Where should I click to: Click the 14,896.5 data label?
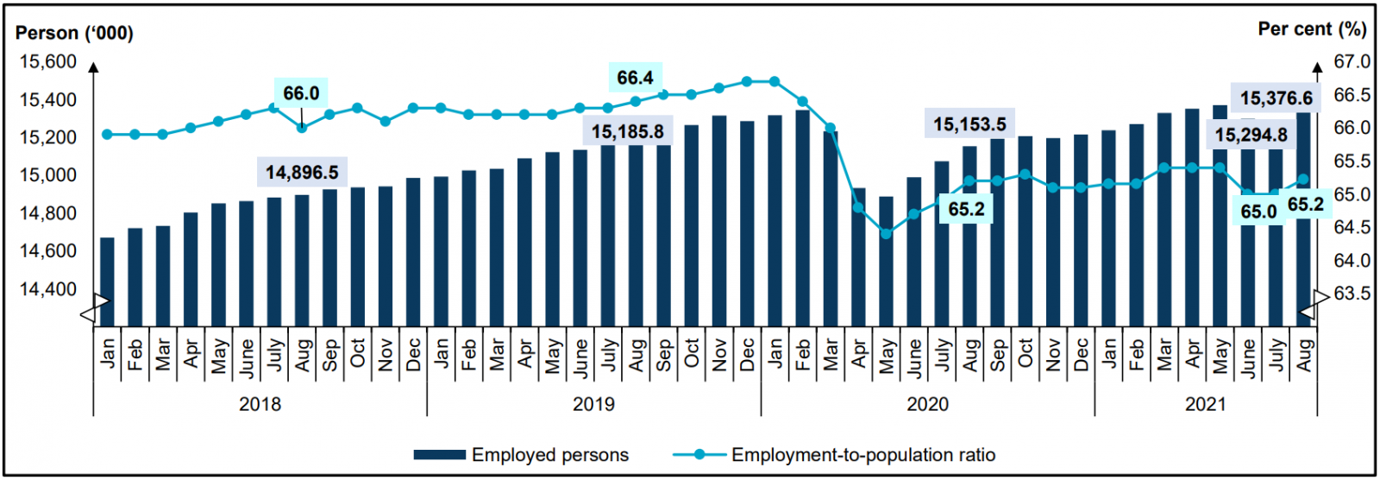[x=301, y=173]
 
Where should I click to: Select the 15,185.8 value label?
[x=628, y=132]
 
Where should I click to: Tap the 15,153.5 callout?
[x=969, y=124]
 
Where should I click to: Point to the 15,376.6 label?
[x=1276, y=98]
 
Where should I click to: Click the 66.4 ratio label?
[x=635, y=78]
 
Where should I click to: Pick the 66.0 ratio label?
[x=301, y=93]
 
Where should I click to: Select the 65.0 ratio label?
[x=1258, y=212]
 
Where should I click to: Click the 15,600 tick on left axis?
[x=48, y=62]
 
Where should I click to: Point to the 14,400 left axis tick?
[x=48, y=289]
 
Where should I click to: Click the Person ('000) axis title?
[x=74, y=33]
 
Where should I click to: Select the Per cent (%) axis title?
[x=1312, y=29]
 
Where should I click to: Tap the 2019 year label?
[x=593, y=404]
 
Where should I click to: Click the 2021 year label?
[x=1205, y=404]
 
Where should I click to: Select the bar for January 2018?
[x=107, y=281]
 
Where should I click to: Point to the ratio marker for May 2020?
[x=886, y=233]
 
